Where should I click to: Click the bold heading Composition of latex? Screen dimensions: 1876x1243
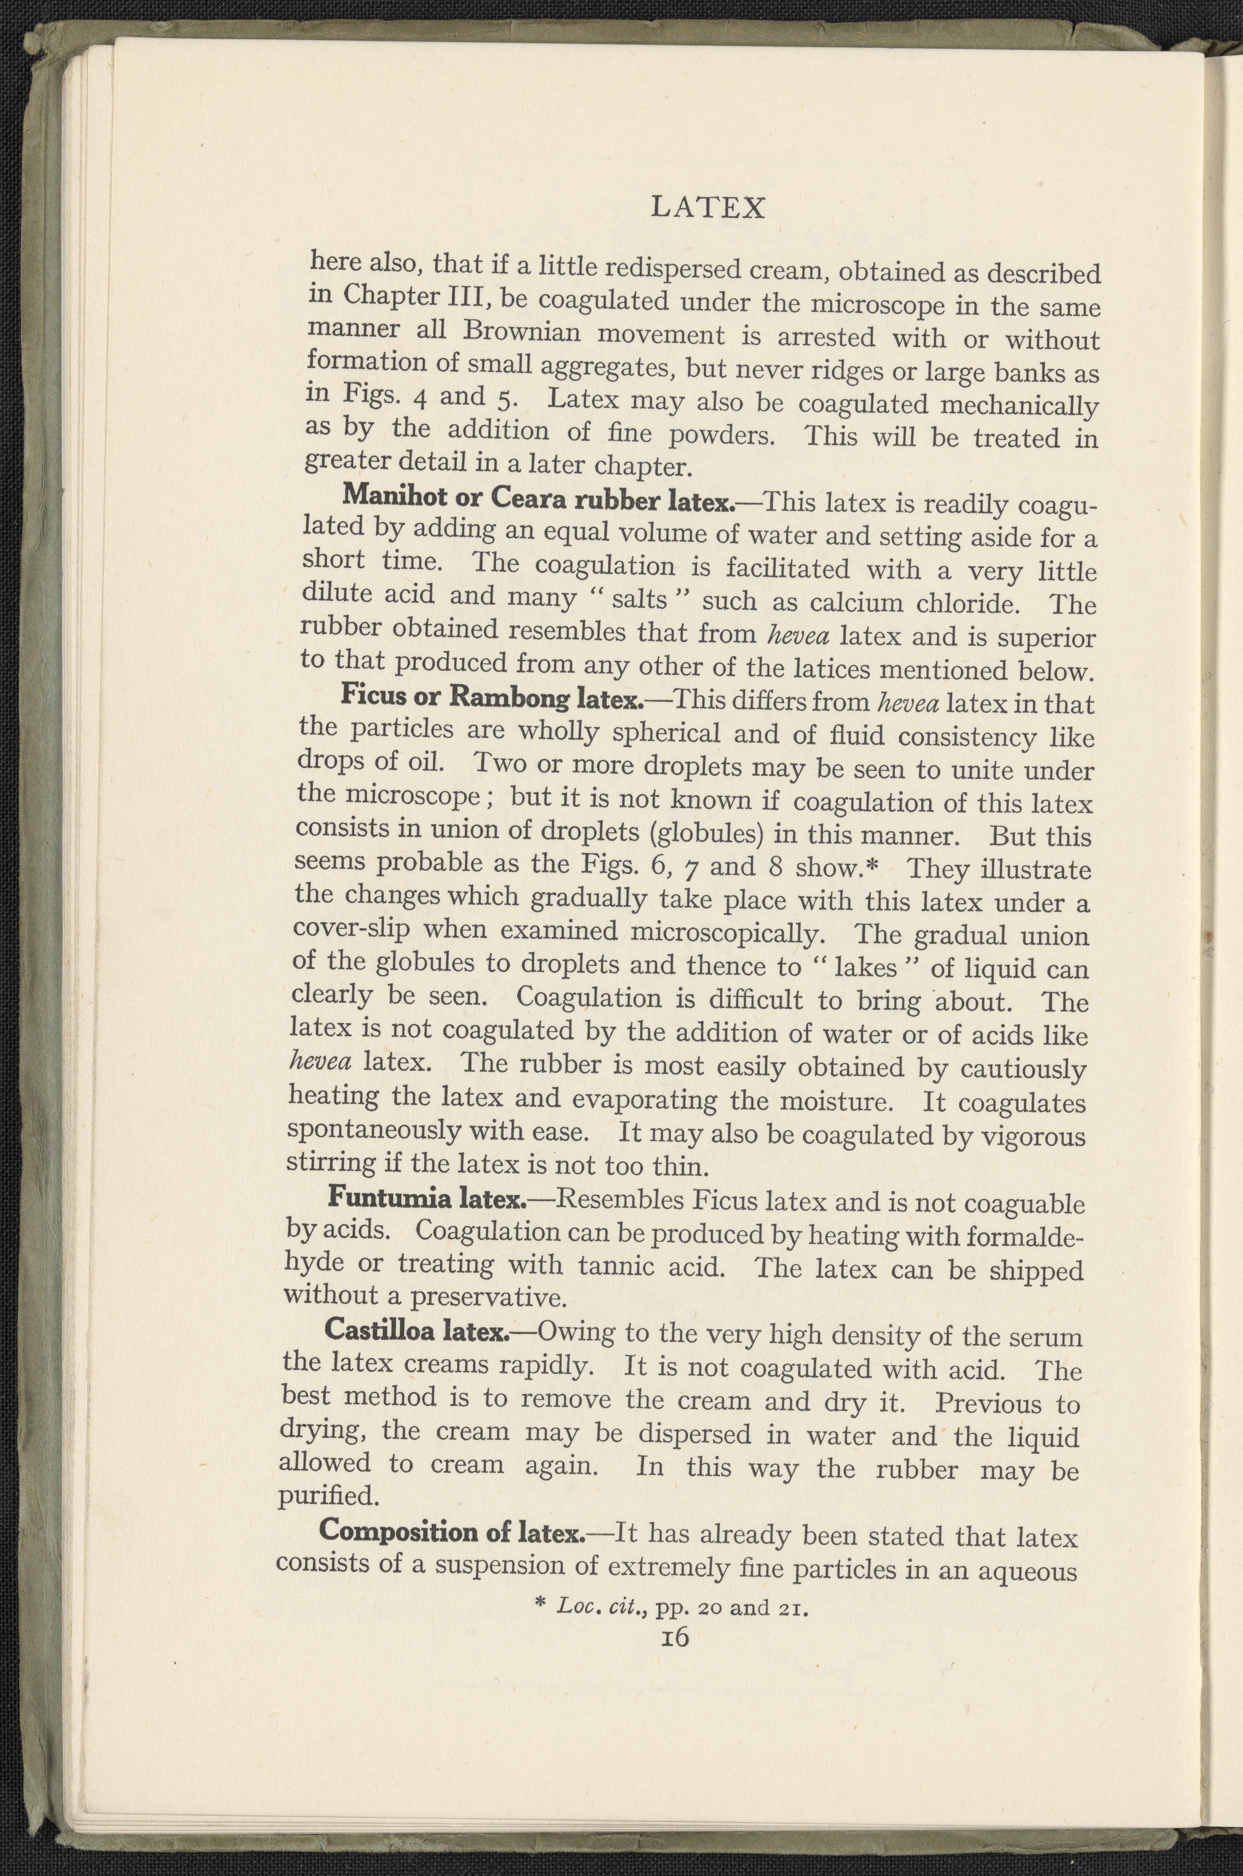coord(452,1530)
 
